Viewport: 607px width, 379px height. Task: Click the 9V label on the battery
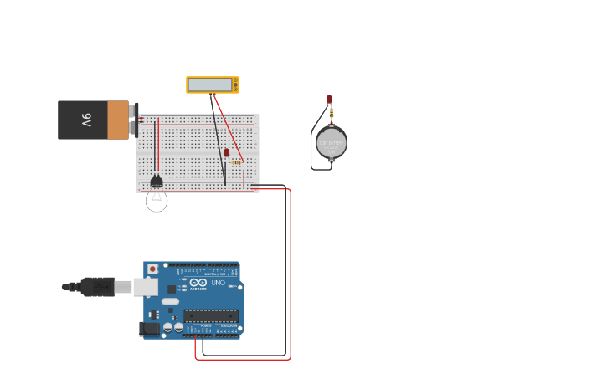(x=85, y=120)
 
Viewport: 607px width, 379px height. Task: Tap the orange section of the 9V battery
(x=118, y=120)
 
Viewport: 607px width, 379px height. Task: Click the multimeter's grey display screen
(x=209, y=85)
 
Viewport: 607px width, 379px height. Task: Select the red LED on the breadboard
(x=226, y=152)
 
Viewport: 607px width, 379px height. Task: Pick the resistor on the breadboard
(x=238, y=162)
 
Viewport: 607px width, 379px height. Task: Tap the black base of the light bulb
(x=157, y=182)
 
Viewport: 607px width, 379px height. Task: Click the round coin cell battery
(x=331, y=143)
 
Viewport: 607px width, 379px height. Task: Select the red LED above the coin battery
(x=330, y=100)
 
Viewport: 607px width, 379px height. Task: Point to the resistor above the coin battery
(x=331, y=113)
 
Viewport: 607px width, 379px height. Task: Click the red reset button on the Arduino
(x=152, y=269)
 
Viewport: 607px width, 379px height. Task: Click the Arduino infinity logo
(x=198, y=282)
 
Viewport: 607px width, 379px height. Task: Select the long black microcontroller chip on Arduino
(x=210, y=315)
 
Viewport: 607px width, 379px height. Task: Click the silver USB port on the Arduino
(x=145, y=287)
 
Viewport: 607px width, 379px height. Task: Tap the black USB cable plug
(x=97, y=287)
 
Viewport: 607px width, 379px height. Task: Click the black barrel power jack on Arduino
(x=150, y=329)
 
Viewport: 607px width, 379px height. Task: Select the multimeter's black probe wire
(x=218, y=138)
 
